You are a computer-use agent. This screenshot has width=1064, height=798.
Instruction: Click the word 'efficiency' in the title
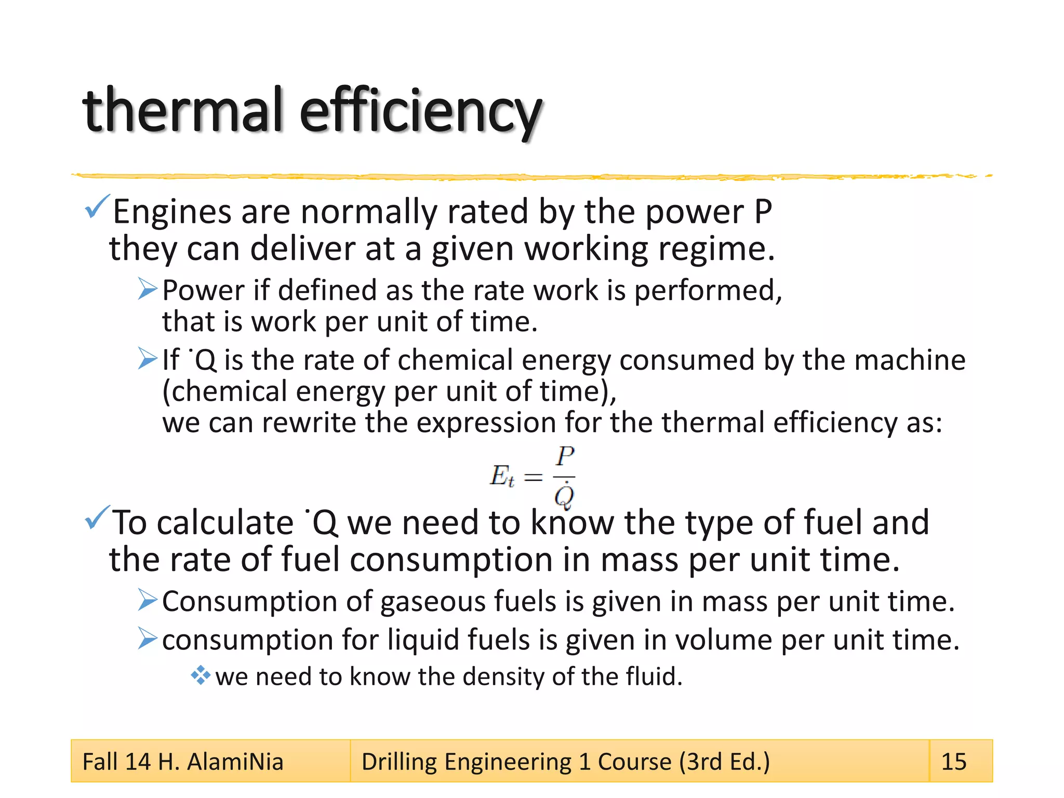421,112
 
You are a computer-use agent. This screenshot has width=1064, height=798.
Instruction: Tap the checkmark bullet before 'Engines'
97,207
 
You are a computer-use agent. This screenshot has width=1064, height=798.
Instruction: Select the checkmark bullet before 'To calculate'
97,517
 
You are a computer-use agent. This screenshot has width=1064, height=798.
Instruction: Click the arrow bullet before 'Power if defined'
148,289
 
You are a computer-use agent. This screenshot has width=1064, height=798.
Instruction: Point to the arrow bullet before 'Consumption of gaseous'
148,600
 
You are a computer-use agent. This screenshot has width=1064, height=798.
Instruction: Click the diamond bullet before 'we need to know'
200,675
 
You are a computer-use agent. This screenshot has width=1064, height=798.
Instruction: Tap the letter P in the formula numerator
565,457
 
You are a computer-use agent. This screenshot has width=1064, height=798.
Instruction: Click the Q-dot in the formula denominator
564,496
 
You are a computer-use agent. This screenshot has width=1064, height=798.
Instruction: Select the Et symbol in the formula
502,476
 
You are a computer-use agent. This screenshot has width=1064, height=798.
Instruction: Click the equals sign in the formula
534,477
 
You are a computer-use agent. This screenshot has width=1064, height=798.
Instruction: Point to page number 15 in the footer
954,762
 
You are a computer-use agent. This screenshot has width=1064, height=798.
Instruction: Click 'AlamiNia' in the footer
235,762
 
